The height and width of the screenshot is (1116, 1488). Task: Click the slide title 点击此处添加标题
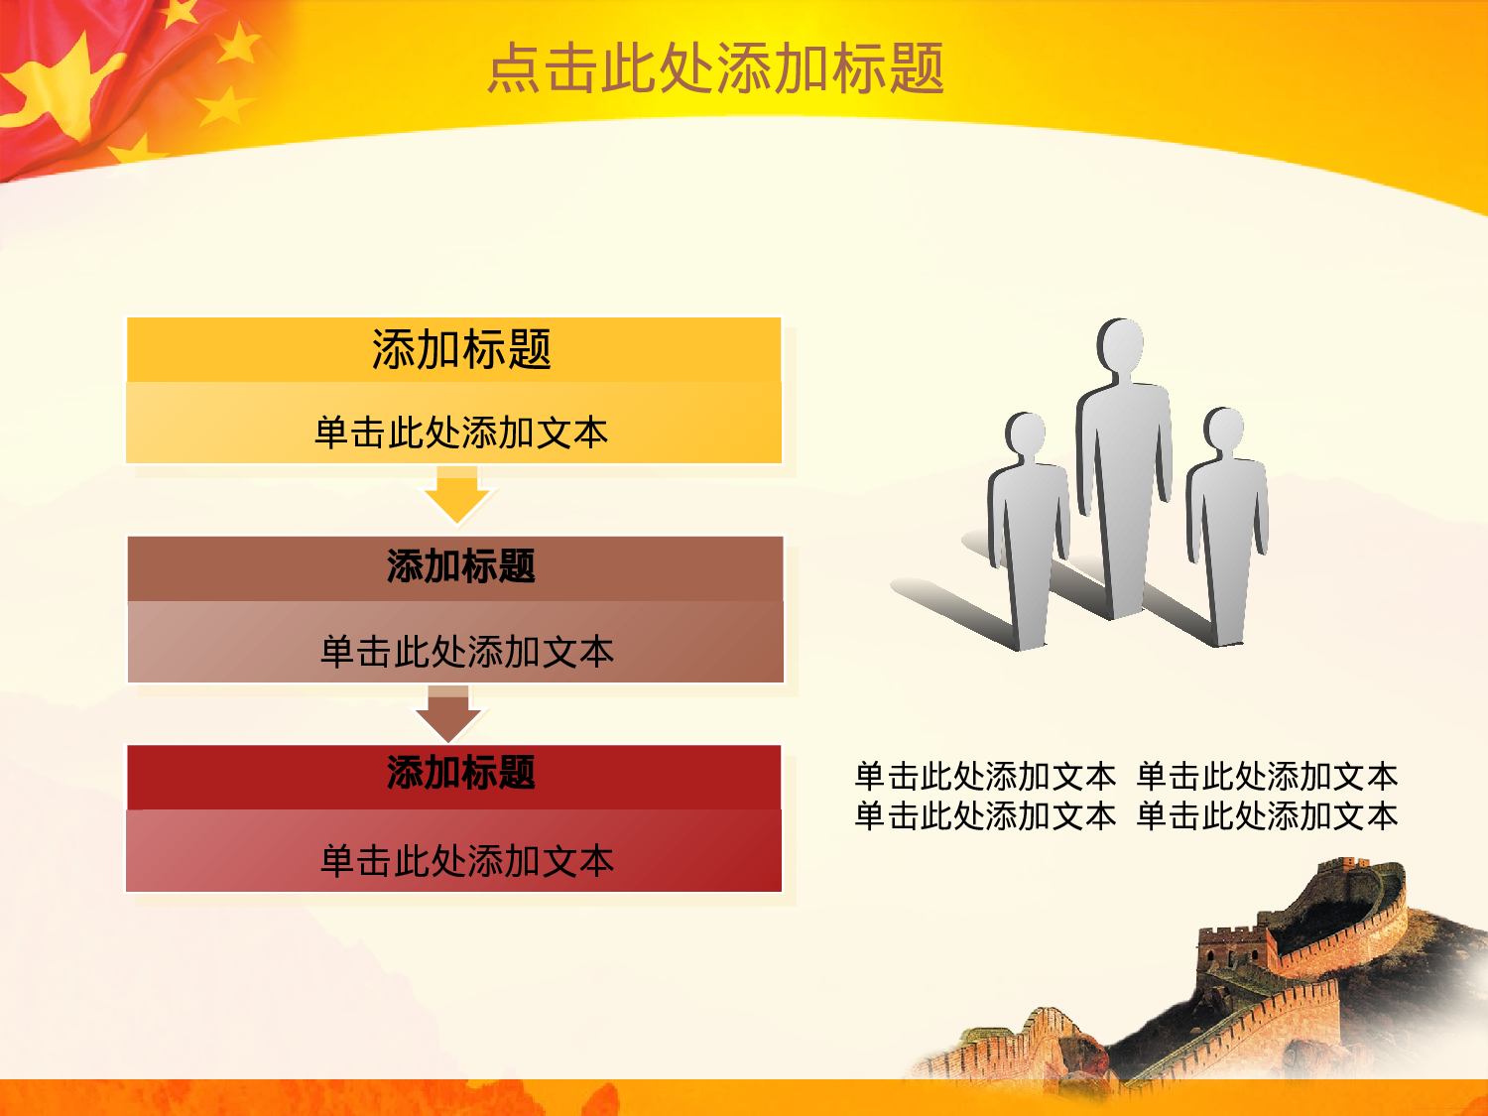tap(715, 68)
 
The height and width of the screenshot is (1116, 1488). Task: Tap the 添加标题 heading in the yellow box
tap(461, 349)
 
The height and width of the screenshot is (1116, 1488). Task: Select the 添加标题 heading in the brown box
tap(461, 566)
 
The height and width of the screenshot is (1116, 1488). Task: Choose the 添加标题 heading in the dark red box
tap(461, 773)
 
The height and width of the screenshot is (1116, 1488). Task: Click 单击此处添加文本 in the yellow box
tap(461, 433)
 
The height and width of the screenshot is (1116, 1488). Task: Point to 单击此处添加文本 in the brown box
tap(467, 652)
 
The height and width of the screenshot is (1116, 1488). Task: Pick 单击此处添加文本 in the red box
tap(467, 860)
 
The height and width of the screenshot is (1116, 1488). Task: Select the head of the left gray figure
tap(1026, 434)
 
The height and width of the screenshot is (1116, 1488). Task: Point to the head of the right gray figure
tap(1224, 429)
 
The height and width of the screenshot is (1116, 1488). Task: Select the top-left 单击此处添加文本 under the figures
tap(985, 775)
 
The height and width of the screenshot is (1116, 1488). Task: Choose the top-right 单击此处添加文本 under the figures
tap(1267, 775)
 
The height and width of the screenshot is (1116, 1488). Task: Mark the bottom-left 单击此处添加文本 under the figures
tap(985, 815)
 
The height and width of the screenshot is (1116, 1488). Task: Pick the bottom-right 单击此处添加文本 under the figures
tap(1267, 815)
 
